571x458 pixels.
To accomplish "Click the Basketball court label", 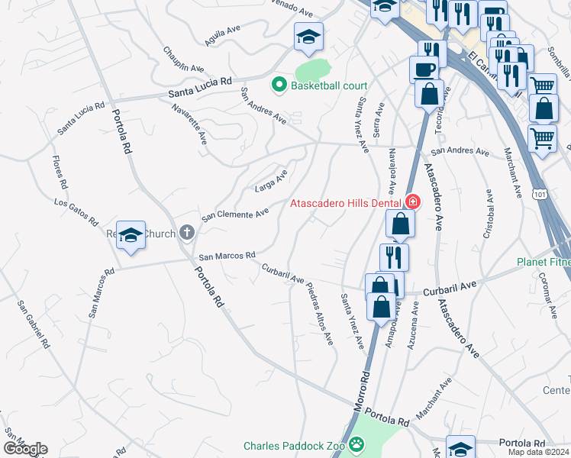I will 329,85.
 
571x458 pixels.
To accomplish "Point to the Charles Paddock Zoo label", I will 295,446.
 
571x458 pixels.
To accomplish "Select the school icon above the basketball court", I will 308,37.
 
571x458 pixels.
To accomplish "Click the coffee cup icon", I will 424,69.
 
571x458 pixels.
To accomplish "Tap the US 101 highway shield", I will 540,195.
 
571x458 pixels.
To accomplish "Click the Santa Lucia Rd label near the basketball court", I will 200,85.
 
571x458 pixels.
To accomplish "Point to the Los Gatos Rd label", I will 76,213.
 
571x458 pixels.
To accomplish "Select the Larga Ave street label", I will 271,181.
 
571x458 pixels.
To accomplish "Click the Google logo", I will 25,449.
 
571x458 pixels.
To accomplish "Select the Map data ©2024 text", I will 537,452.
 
